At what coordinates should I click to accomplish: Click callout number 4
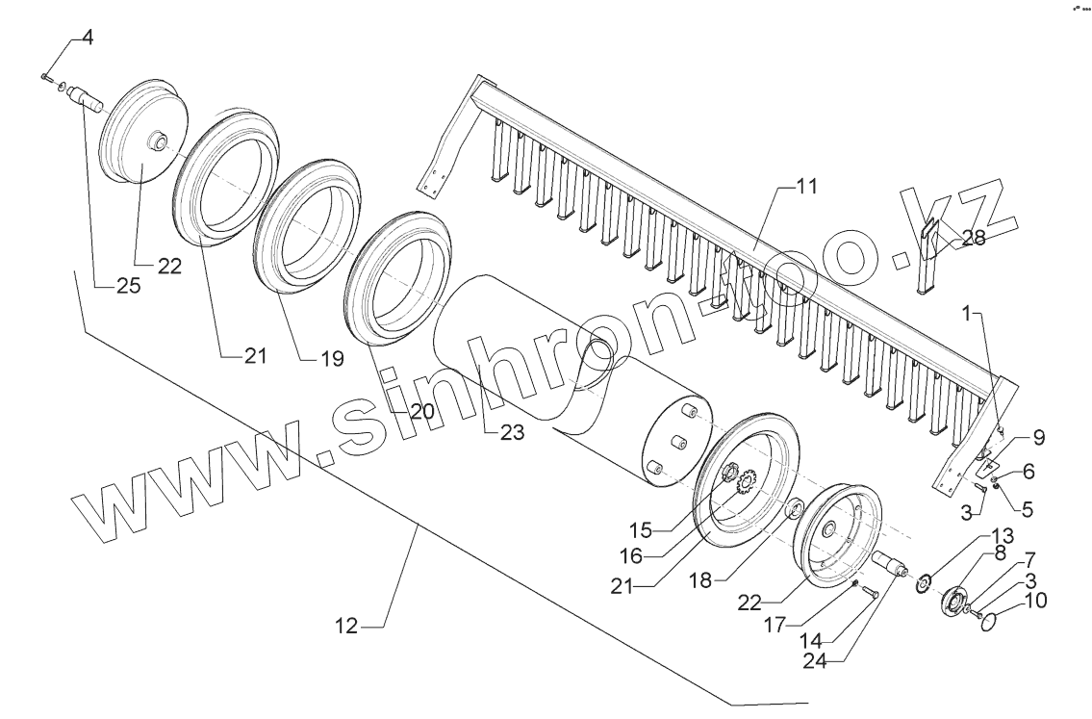[x=88, y=39]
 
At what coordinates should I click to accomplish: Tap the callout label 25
[x=128, y=286]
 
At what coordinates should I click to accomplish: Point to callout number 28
[x=973, y=239]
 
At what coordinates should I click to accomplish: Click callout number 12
[x=346, y=626]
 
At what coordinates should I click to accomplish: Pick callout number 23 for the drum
[x=512, y=433]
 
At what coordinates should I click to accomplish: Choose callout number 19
[x=331, y=360]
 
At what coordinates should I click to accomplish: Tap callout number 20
[x=422, y=410]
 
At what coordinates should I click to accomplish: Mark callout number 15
[x=642, y=528]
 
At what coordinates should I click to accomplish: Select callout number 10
[x=1036, y=602]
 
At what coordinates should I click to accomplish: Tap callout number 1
[x=976, y=314]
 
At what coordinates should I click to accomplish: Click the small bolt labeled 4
[x=46, y=76]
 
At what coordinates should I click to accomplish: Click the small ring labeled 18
[x=797, y=508]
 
